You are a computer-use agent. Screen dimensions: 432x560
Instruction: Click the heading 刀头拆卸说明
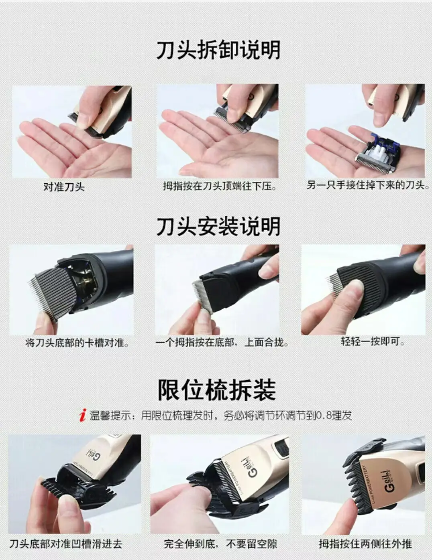click(x=218, y=50)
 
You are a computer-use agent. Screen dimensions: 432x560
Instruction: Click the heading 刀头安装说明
click(x=218, y=226)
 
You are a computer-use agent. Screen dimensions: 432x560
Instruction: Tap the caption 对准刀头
click(x=64, y=187)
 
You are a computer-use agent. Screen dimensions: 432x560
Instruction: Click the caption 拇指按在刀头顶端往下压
click(x=220, y=186)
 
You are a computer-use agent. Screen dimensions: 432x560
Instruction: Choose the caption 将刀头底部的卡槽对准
click(x=77, y=343)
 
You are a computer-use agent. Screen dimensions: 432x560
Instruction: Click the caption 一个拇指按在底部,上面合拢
click(x=222, y=343)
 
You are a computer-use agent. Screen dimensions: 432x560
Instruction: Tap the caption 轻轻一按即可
click(x=373, y=341)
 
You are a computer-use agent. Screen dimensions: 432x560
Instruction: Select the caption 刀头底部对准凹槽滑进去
click(x=66, y=544)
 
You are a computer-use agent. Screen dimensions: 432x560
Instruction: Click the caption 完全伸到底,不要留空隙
click(x=220, y=544)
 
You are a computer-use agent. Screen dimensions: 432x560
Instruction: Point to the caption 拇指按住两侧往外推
click(x=365, y=544)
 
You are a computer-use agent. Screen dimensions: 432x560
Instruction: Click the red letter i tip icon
click(x=83, y=416)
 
